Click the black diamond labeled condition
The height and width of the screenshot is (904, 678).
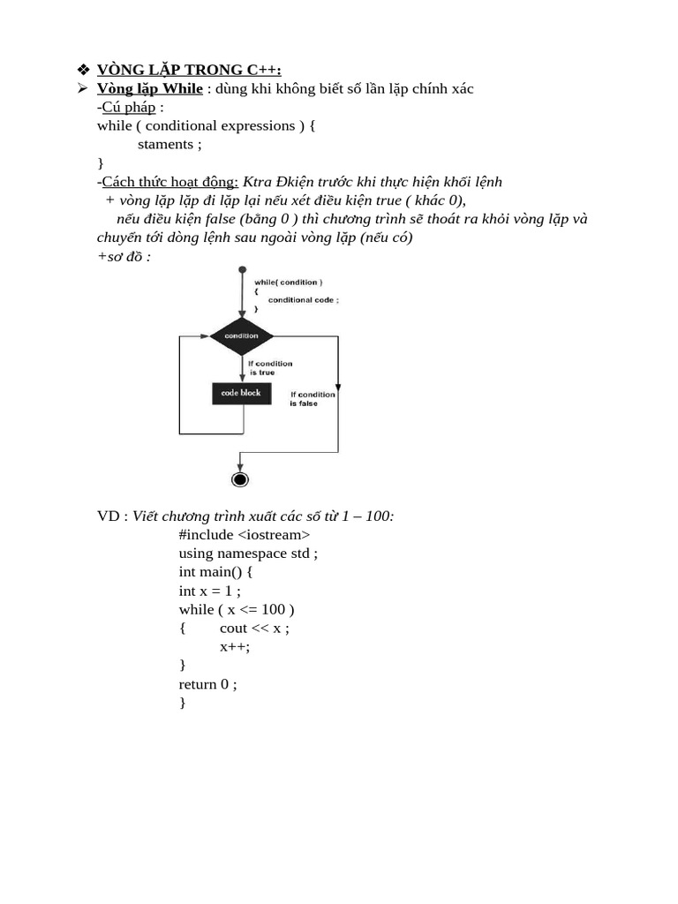[x=241, y=335]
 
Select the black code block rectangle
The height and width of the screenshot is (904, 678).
[x=241, y=393]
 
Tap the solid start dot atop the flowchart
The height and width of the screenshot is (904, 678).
[x=242, y=269]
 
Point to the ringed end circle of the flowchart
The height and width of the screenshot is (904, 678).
[x=239, y=479]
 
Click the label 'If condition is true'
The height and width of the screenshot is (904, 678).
[x=269, y=368]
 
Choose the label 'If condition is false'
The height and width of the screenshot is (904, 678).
[x=313, y=399]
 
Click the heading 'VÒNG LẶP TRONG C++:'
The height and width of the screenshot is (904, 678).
[x=189, y=70]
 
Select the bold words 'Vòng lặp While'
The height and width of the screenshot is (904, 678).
[x=149, y=88]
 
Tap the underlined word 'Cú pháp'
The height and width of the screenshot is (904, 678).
[x=129, y=107]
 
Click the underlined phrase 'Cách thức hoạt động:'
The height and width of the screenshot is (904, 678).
[x=170, y=181]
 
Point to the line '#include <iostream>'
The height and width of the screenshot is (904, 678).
[x=245, y=534]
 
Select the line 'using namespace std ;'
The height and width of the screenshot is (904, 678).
[x=248, y=553]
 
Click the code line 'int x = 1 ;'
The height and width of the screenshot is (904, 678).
[x=209, y=591]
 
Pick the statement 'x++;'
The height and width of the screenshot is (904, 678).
[x=235, y=646]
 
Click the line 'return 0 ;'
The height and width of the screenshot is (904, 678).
[x=207, y=683]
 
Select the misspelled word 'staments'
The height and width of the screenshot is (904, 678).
[x=165, y=144]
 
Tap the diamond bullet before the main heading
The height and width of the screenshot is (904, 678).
[x=84, y=70]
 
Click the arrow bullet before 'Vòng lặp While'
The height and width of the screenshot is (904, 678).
[x=82, y=88]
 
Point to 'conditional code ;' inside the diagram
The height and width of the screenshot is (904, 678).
[x=304, y=299]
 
